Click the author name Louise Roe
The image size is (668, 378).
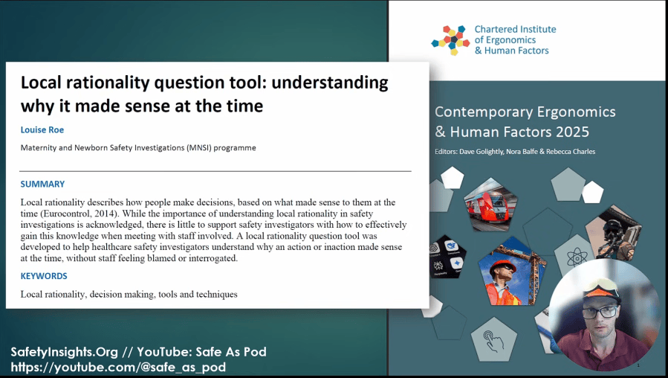pyautogui.click(x=42, y=129)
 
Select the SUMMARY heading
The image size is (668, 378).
pyautogui.click(x=42, y=184)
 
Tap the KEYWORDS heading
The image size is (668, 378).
pyautogui.click(x=44, y=276)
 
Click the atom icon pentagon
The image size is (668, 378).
pyautogui.click(x=577, y=257)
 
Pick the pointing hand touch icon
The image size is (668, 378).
pyautogui.click(x=494, y=340)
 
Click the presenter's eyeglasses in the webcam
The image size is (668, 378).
pyautogui.click(x=600, y=313)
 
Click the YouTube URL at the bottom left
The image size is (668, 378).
pyautogui.click(x=118, y=368)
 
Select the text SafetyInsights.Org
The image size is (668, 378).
pyautogui.click(x=65, y=351)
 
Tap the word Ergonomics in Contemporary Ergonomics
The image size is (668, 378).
pyautogui.click(x=576, y=112)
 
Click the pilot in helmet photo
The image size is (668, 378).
pyautogui.click(x=614, y=233)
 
